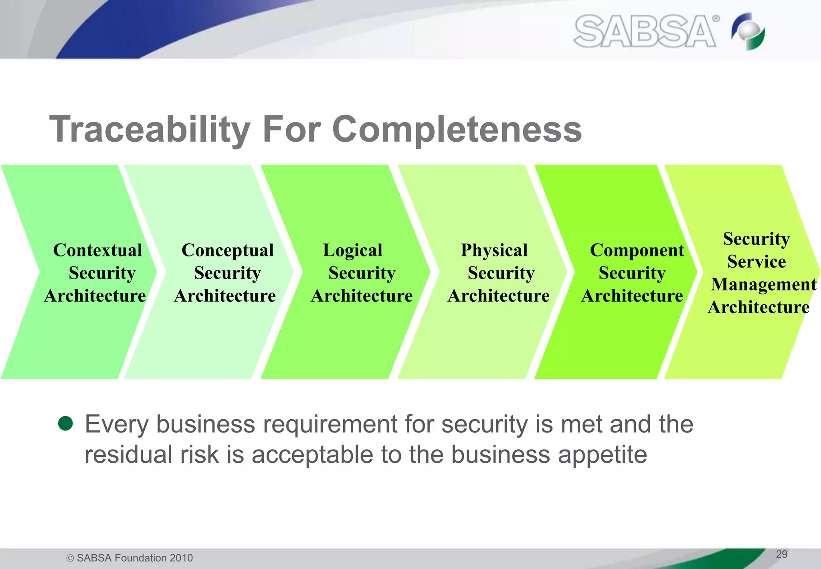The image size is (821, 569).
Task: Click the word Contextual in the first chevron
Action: click(97, 250)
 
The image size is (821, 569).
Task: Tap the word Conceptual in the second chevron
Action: click(227, 250)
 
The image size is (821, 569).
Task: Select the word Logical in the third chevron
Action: click(352, 250)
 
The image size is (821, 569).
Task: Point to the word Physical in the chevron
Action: click(494, 250)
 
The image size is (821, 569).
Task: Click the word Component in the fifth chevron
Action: click(637, 250)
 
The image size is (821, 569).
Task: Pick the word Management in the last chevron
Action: click(763, 284)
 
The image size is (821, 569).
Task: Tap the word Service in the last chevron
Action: click(756, 262)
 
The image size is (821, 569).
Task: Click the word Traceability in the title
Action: click(150, 130)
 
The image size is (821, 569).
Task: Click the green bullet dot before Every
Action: click(65, 423)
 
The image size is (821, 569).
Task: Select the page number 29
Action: click(781, 554)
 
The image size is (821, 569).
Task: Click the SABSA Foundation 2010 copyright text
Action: click(130, 558)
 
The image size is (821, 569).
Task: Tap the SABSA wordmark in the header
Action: click(645, 31)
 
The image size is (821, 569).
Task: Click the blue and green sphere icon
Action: click(748, 31)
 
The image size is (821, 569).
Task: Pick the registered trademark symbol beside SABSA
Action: click(716, 18)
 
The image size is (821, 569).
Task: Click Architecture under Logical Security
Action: click(362, 296)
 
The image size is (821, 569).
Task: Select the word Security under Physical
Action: click(501, 273)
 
